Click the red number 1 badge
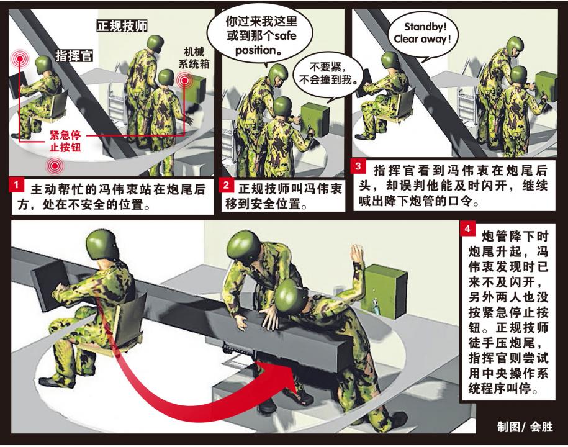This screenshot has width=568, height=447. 16,185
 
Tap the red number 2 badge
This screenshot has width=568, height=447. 226,185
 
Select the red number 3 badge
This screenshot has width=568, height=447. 358,166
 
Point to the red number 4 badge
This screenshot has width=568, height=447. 467,229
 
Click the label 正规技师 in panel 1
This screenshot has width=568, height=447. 122,25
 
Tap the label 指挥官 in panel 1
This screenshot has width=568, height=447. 74,56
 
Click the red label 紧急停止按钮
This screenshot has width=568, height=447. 66,141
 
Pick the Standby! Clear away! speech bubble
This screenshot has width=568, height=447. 422,35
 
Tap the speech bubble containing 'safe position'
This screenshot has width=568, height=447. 261,35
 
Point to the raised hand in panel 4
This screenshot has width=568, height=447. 356,255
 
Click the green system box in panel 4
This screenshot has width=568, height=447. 385,291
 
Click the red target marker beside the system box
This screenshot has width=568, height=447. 185,80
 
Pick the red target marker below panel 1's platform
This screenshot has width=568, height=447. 55,166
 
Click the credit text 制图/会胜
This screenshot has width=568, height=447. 525,427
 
